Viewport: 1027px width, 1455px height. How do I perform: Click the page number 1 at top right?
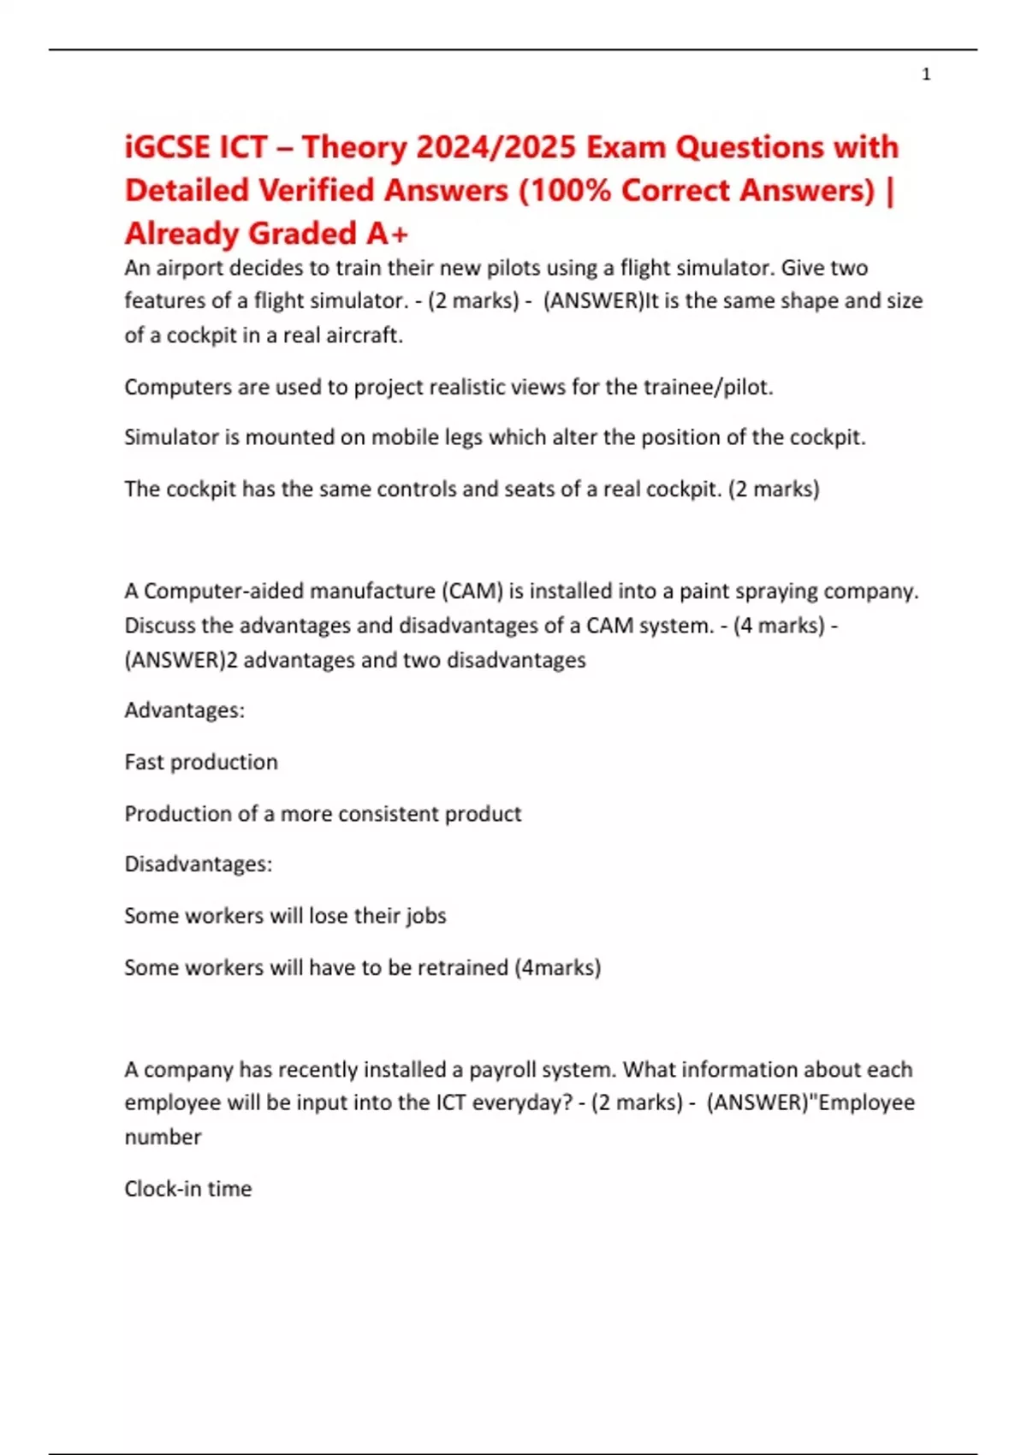(x=926, y=74)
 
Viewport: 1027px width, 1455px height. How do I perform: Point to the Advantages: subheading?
(x=185, y=710)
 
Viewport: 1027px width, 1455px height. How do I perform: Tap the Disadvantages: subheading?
(x=199, y=864)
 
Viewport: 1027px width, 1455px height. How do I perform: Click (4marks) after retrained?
(x=558, y=967)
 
